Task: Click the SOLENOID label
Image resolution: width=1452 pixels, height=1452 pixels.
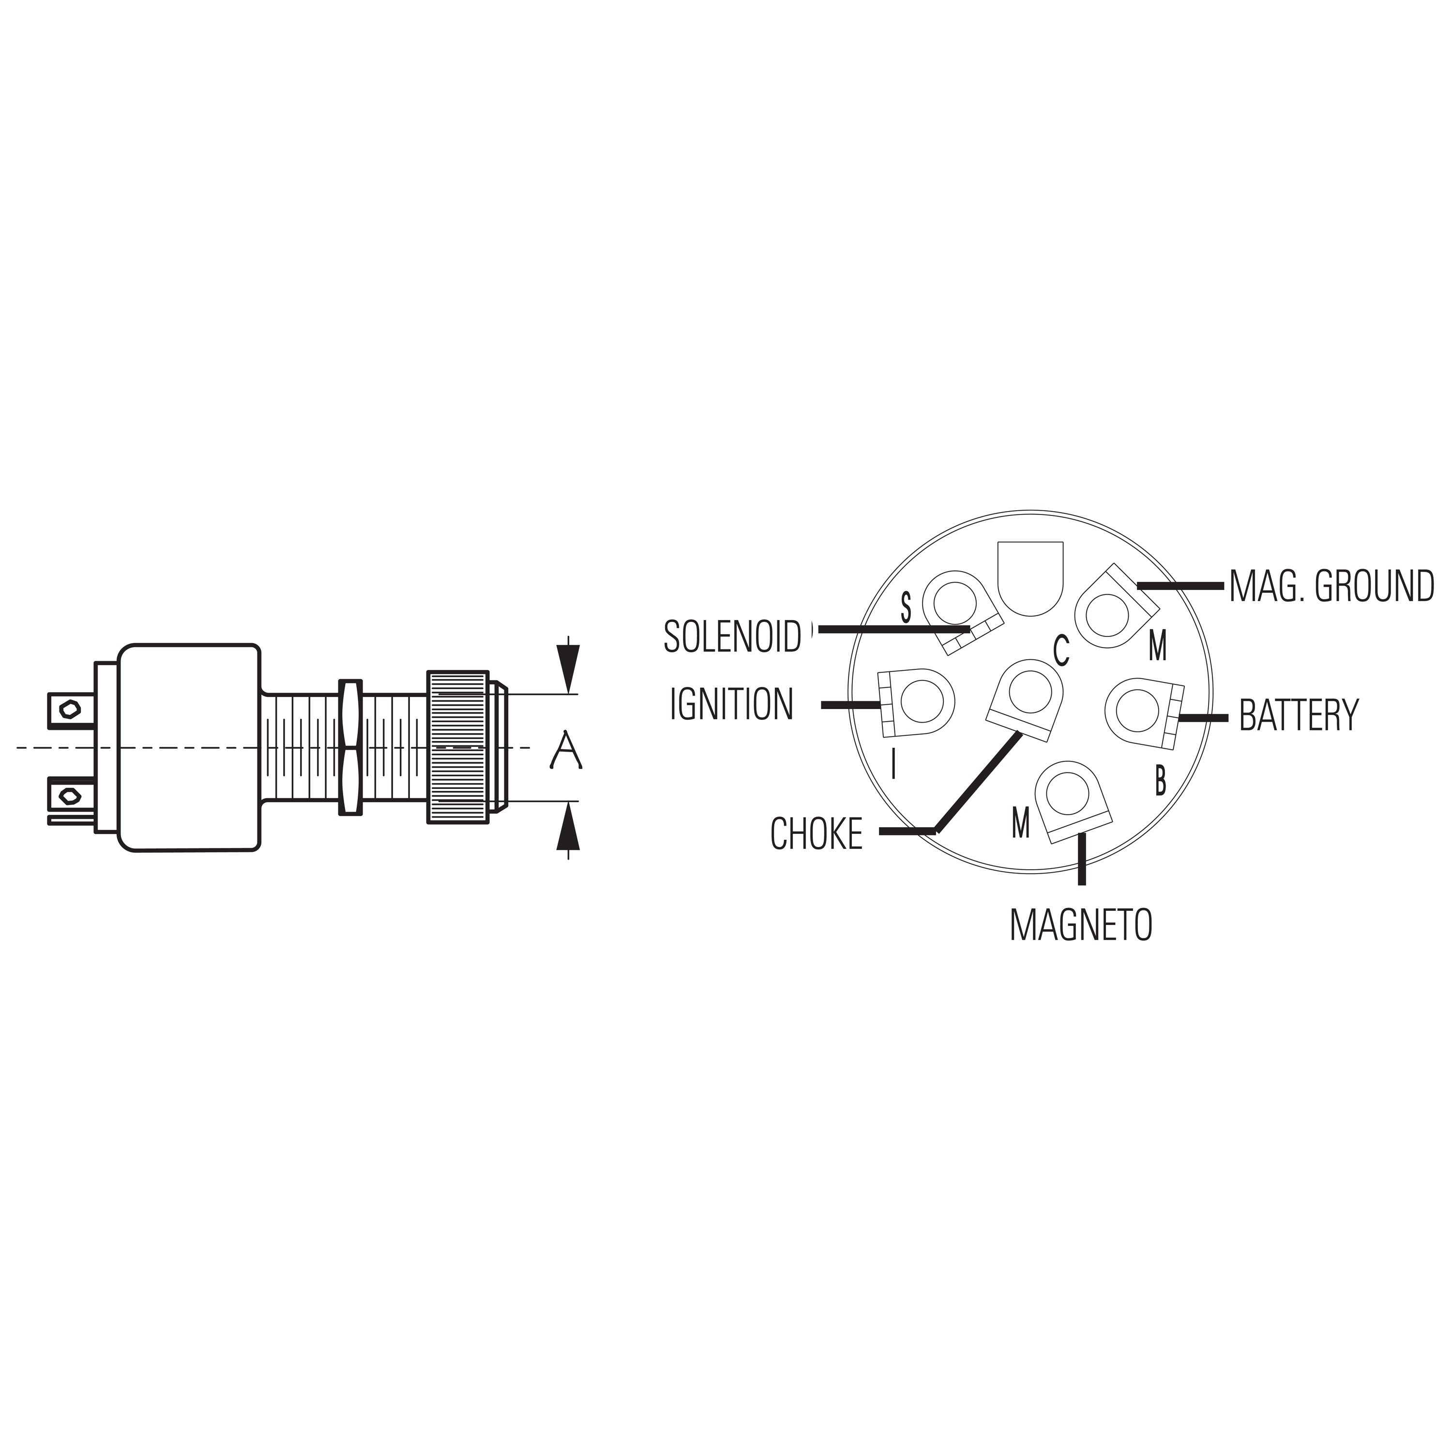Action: click(733, 636)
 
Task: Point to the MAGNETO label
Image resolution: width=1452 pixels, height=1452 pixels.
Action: click(1081, 924)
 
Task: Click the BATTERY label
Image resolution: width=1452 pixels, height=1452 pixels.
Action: click(1299, 715)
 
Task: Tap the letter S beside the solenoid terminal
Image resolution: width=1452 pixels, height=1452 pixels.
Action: click(907, 607)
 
